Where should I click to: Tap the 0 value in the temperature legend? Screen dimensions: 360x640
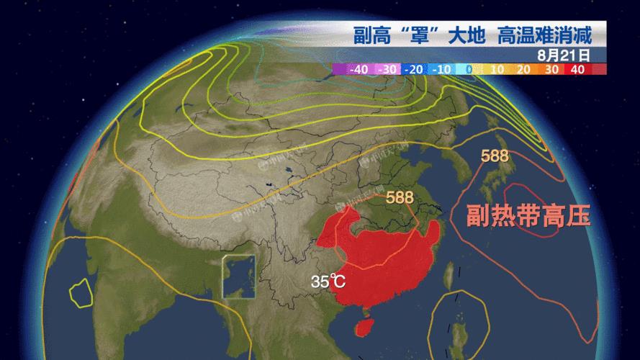pyautogui.click(x=469, y=69)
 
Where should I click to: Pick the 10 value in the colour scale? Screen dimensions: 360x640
pyautogui.click(x=496, y=69)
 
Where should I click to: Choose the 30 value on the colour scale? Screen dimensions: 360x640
pyautogui.click(x=551, y=69)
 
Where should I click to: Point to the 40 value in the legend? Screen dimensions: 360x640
pyautogui.click(x=577, y=69)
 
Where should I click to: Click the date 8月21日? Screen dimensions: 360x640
pyautogui.click(x=563, y=54)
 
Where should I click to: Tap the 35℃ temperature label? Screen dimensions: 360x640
pyautogui.click(x=328, y=281)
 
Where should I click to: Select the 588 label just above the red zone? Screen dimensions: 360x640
pyautogui.click(x=400, y=197)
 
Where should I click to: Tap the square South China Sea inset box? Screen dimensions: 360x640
pyautogui.click(x=241, y=276)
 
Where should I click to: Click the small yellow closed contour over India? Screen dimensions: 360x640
pyautogui.click(x=81, y=292)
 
